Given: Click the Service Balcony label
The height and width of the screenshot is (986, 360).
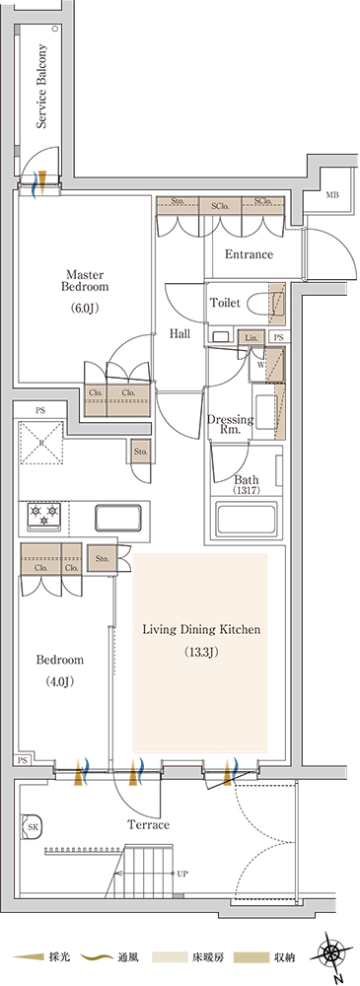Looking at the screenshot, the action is tap(42, 86).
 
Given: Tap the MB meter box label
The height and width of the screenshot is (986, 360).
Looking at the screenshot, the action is tap(331, 195).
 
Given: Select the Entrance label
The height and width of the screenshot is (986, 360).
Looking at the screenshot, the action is tap(249, 254).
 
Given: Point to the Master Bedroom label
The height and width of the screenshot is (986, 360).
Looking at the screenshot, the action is tap(88, 280).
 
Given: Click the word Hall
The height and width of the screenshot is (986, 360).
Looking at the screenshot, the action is tap(180, 334).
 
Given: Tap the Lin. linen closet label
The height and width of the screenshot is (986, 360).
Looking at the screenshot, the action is tap(252, 337).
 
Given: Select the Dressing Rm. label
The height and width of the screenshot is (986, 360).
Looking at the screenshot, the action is tap(231, 424).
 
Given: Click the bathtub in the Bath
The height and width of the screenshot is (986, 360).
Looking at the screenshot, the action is tap(247, 519).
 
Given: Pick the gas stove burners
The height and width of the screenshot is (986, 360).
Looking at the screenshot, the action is tap(43, 515).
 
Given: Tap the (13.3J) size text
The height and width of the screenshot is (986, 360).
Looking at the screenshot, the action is tap(201, 652).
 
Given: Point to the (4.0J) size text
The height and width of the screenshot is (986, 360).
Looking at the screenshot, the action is tap(60, 681).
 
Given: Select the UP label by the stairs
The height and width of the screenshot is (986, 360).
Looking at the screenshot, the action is tap(182, 874).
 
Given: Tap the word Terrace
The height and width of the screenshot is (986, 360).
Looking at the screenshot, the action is tap(148, 824).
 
